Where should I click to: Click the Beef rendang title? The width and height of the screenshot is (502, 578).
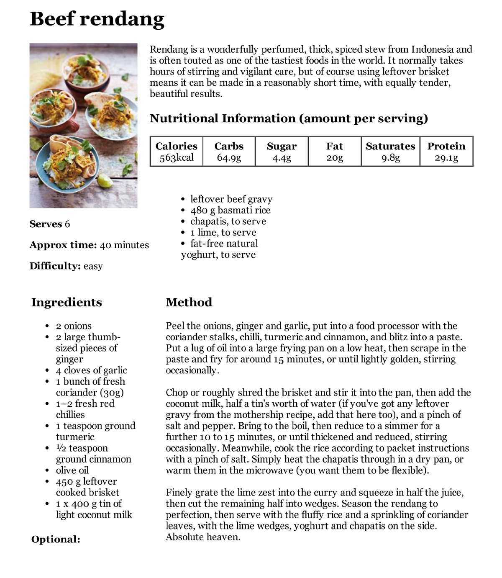click(97, 19)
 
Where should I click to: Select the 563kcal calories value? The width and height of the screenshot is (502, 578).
click(176, 158)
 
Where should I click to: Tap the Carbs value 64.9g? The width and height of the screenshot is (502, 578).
click(229, 158)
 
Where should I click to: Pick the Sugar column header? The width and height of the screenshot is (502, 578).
click(282, 146)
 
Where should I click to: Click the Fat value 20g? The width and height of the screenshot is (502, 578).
click(334, 158)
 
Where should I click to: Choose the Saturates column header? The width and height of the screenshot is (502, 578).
click(390, 146)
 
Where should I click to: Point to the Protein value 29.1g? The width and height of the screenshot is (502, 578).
click(446, 158)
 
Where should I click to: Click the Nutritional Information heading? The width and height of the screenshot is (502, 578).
click(289, 118)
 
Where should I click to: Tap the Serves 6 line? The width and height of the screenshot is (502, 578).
click(50, 224)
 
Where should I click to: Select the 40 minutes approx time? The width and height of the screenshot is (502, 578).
click(124, 245)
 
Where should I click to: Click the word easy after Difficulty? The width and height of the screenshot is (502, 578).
click(93, 266)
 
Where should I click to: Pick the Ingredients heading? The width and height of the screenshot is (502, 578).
click(67, 302)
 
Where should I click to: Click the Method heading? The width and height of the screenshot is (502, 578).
click(189, 302)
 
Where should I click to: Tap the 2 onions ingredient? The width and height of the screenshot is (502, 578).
click(74, 326)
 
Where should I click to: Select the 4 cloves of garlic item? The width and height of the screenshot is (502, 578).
click(91, 370)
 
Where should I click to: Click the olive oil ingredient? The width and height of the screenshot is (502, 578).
click(72, 470)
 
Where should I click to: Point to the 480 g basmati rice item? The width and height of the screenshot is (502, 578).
click(230, 210)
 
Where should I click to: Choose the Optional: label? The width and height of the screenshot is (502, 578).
click(56, 539)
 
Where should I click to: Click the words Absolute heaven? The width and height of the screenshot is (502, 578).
click(203, 537)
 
